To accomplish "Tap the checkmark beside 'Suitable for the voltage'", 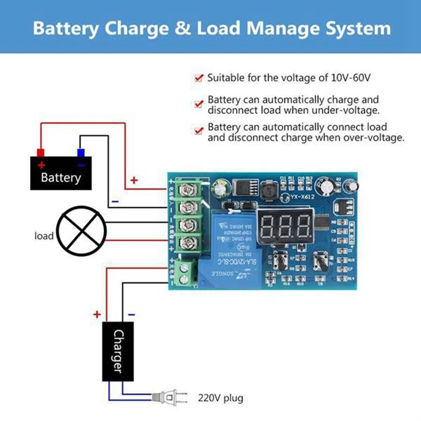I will (198, 78).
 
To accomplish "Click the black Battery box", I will (61, 174).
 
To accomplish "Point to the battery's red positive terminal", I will (41, 153).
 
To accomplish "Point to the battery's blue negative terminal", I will (81, 153).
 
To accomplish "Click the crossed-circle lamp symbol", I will (82, 230).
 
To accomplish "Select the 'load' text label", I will (44, 236).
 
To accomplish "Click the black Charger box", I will (118, 351).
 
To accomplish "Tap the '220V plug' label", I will (220, 398).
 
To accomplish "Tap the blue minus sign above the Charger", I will (131, 315).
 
